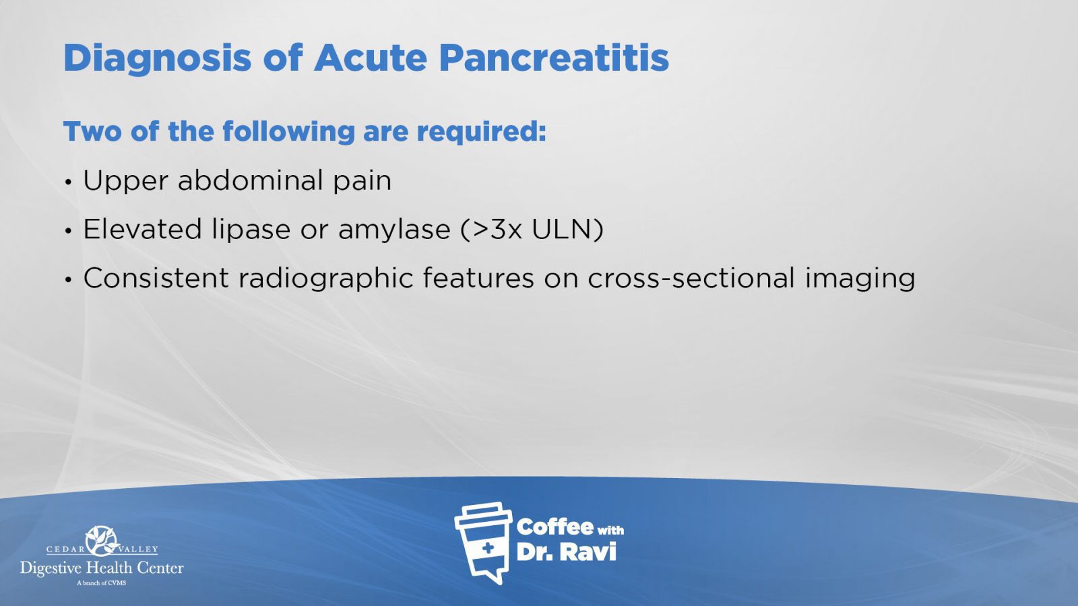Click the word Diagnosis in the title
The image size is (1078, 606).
point(157,58)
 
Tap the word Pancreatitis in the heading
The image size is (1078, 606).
point(554,58)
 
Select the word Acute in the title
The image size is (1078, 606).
point(370,58)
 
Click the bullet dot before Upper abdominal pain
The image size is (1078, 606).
point(68,182)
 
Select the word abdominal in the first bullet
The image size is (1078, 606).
point(250,180)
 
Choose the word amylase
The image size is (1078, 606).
point(393,230)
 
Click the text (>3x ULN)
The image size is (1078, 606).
point(532,230)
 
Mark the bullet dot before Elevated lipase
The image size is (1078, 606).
point(68,231)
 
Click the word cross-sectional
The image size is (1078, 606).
point(691,278)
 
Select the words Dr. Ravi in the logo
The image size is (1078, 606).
point(566,552)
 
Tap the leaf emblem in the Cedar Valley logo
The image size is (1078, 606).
point(102,540)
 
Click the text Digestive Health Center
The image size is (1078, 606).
point(102,568)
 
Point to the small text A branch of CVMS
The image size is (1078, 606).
point(101,582)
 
